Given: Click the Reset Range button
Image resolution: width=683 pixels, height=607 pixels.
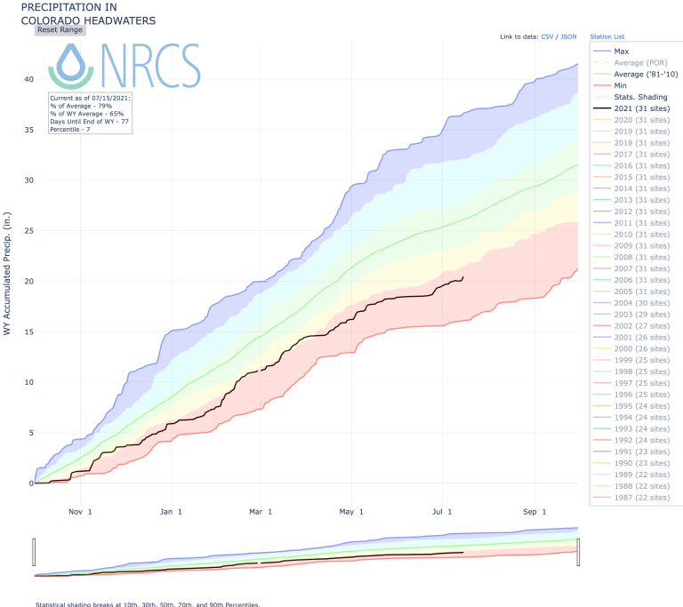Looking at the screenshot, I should pos(60,29).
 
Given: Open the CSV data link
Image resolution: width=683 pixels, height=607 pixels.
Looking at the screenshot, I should pos(547,37).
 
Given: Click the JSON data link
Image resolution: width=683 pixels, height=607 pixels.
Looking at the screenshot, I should pos(567,37).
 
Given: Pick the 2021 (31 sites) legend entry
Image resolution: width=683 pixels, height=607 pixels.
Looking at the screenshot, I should pos(635,108).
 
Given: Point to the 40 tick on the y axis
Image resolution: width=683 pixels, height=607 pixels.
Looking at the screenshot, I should pos(28,80).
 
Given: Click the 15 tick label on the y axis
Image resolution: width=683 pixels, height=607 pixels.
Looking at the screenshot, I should pos(28,332).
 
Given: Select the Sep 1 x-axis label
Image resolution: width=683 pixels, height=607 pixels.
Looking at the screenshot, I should pos(534,512).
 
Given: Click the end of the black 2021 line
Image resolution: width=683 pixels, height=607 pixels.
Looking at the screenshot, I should pos(462,277).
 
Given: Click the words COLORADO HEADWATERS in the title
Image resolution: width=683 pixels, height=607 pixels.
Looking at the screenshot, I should pos(88,19).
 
